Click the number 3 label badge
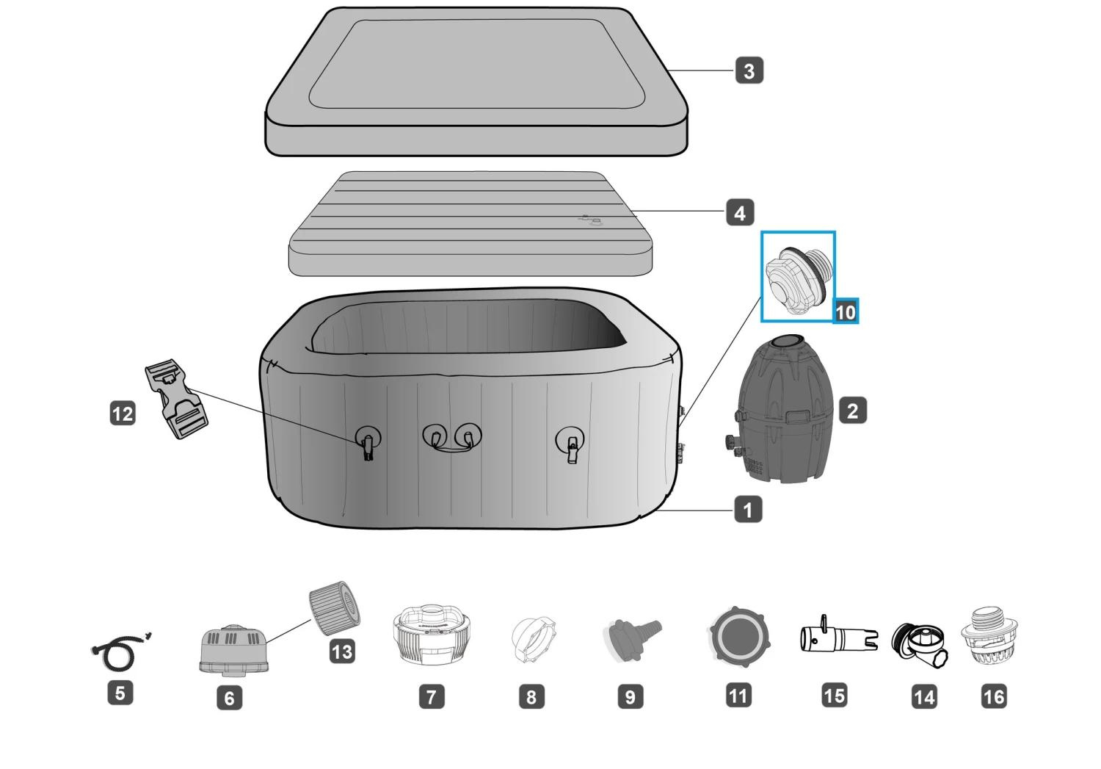click(749, 71)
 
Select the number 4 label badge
click(740, 212)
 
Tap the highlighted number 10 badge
click(846, 311)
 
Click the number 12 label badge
click(123, 413)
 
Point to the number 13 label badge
click(342, 651)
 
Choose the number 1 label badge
click(748, 510)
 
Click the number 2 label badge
click(853, 411)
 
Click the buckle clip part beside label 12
click(176, 399)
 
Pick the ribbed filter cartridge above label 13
click(334, 608)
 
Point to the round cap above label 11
click(740, 636)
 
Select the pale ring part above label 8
click(534, 639)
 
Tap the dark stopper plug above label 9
click(632, 639)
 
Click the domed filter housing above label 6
click(234, 649)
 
